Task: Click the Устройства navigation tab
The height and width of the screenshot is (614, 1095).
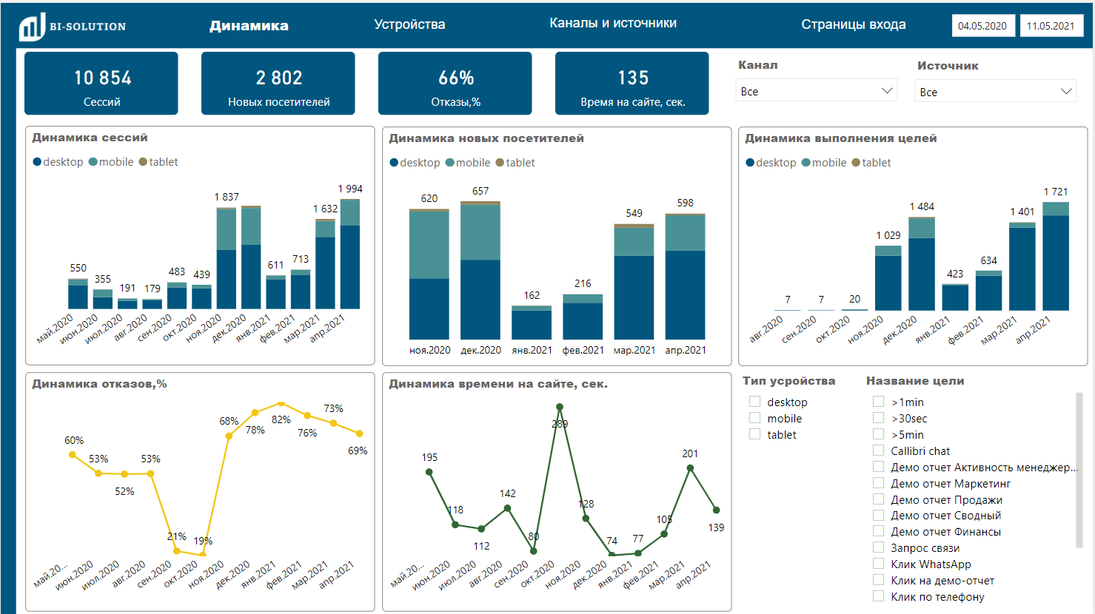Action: click(409, 24)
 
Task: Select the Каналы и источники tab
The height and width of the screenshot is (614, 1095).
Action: click(612, 23)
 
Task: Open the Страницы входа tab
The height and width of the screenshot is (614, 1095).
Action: click(853, 24)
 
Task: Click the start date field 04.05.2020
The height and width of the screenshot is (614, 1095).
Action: click(982, 26)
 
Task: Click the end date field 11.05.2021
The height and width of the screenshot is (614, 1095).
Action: click(1050, 26)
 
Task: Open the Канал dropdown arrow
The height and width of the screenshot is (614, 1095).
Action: click(887, 91)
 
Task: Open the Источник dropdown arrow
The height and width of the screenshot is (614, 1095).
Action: click(1066, 92)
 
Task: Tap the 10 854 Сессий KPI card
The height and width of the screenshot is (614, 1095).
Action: click(101, 84)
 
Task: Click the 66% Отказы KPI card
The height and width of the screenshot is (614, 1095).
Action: click(455, 84)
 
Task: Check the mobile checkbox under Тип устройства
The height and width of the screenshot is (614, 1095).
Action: click(755, 418)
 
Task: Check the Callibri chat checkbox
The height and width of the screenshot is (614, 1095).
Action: click(879, 451)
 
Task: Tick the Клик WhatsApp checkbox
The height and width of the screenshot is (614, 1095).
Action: click(879, 564)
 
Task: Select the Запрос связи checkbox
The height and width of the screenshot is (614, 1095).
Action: click(879, 547)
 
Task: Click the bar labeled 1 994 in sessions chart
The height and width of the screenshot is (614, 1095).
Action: click(350, 255)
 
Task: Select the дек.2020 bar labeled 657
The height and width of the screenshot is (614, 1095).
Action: click(480, 271)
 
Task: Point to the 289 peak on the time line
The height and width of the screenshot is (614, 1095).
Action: click(560, 407)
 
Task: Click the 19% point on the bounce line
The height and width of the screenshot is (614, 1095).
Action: click(203, 553)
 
